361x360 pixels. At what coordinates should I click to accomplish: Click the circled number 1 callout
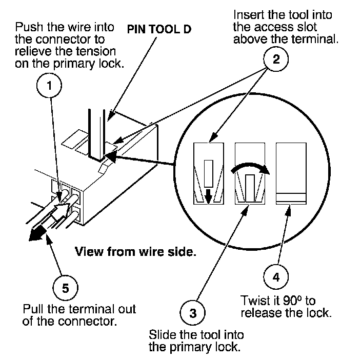click(50, 87)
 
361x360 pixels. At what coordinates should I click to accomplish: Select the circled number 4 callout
click(275, 277)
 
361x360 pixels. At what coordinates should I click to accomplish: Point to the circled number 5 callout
click(65, 287)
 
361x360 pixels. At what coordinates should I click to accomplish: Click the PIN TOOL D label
click(159, 29)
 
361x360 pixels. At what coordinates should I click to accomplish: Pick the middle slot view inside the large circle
click(250, 173)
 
